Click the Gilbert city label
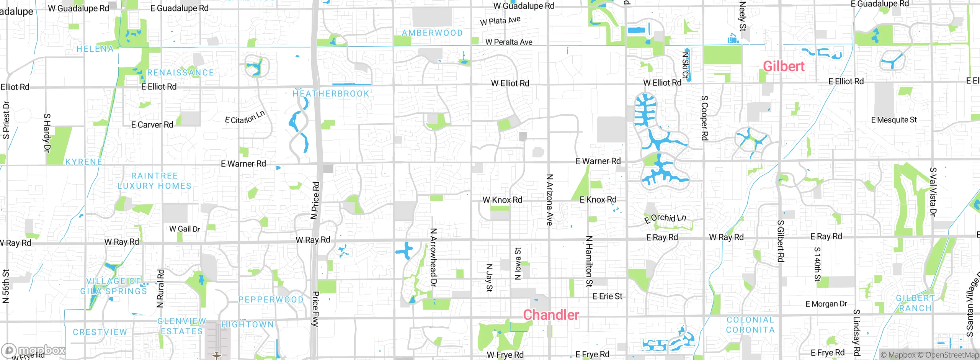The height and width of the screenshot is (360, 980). (x=783, y=67)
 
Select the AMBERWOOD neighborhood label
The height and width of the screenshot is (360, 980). (x=432, y=33)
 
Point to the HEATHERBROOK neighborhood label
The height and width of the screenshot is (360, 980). (x=331, y=93)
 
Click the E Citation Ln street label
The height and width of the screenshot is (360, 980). (x=245, y=118)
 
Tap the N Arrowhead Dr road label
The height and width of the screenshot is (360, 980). (x=433, y=257)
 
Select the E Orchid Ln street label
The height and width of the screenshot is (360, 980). (x=665, y=218)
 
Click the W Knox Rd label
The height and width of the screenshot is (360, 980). (x=502, y=200)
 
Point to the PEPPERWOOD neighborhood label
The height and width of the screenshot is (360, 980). (x=271, y=299)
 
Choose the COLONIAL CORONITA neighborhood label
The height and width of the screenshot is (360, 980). (x=750, y=325)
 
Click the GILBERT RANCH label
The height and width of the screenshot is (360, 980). (x=915, y=303)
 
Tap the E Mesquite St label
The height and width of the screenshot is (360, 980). (x=894, y=120)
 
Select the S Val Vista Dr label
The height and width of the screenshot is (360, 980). (x=933, y=191)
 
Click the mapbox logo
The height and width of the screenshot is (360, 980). (x=34, y=350)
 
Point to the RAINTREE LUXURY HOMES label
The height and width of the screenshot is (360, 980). (x=154, y=181)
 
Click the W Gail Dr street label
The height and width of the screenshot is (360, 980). (x=185, y=229)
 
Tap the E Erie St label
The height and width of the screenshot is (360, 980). (x=607, y=296)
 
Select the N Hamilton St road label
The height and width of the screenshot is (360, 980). (x=589, y=261)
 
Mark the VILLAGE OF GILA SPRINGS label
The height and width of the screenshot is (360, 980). (x=114, y=286)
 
